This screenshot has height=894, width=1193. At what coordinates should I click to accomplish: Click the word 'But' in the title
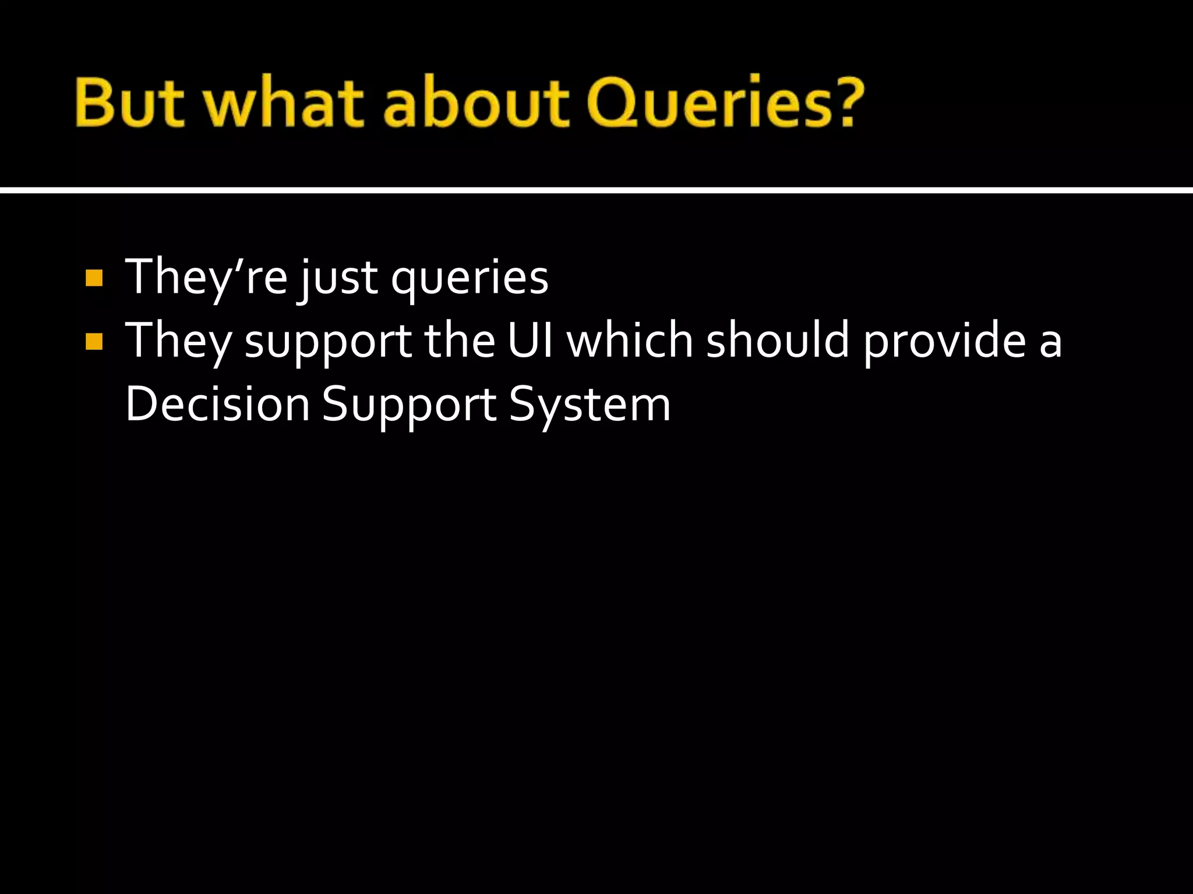(129, 103)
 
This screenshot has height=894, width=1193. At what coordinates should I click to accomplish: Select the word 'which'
(630, 340)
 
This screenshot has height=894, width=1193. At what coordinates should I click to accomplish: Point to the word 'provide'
(944, 342)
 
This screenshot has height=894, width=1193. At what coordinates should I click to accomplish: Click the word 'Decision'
(217, 404)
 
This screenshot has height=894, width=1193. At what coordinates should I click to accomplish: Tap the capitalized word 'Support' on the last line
(408, 406)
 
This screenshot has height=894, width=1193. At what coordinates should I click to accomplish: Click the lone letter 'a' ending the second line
(1050, 343)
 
